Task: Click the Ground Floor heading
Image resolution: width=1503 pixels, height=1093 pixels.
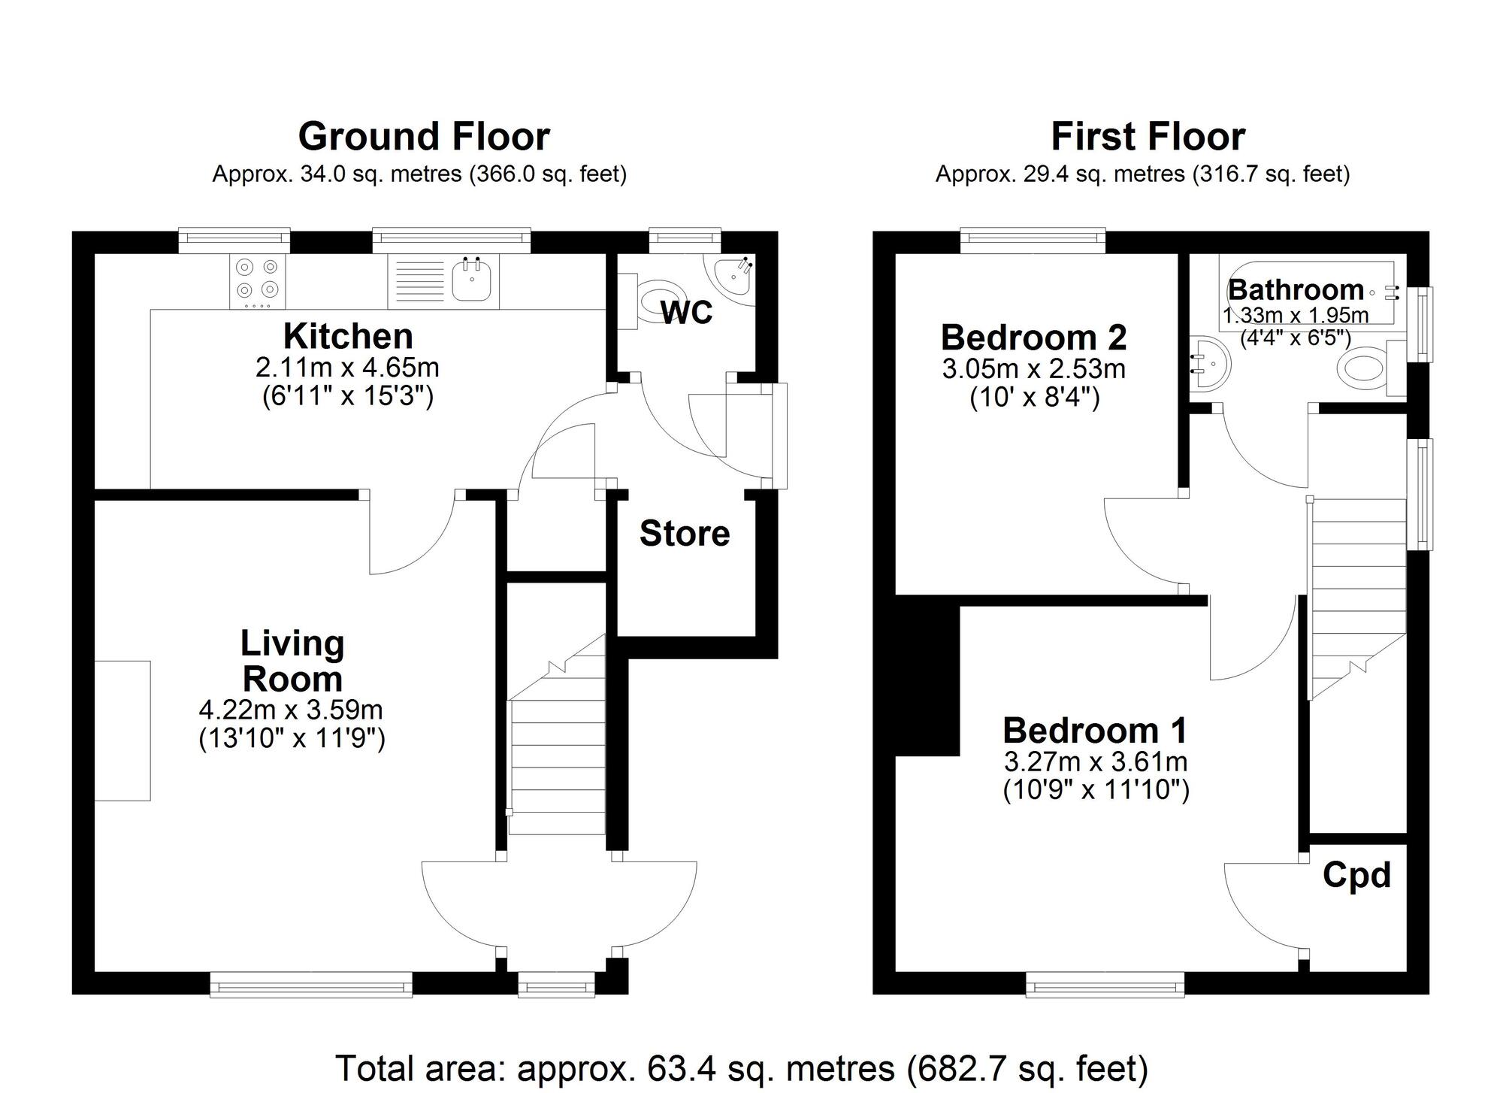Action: [424, 137]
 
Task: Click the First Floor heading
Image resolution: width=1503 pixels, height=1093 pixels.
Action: [1148, 137]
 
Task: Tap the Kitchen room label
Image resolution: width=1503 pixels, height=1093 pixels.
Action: [348, 336]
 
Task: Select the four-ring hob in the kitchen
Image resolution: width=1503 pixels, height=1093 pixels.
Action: [257, 280]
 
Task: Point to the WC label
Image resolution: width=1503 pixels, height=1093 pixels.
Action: [686, 313]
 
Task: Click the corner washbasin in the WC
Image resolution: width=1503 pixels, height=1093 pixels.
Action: [730, 276]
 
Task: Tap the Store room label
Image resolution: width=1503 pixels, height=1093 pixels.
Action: [685, 534]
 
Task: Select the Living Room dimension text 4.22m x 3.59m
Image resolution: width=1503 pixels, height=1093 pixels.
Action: [291, 709]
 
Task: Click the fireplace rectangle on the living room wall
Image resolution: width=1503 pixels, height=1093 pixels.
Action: [122, 730]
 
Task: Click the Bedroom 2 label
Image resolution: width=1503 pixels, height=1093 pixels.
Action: [1033, 338]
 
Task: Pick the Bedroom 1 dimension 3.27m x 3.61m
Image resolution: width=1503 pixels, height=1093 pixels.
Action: [1095, 761]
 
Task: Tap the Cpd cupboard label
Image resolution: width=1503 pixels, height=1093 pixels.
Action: [1356, 875]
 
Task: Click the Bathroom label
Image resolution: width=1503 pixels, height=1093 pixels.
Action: [1296, 289]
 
